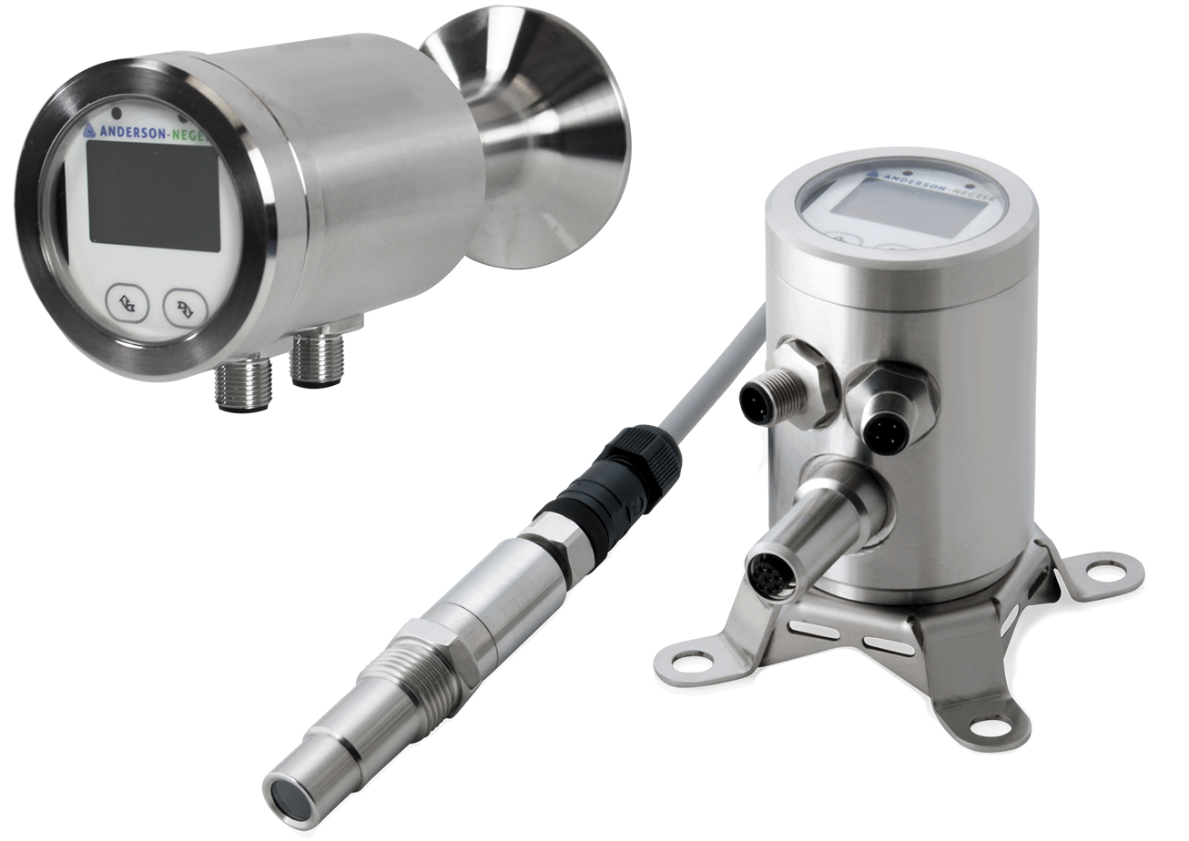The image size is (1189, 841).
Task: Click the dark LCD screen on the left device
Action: click(154, 196)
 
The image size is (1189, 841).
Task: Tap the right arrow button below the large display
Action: click(185, 307)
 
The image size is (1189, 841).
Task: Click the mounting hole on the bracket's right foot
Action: click(1105, 571)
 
